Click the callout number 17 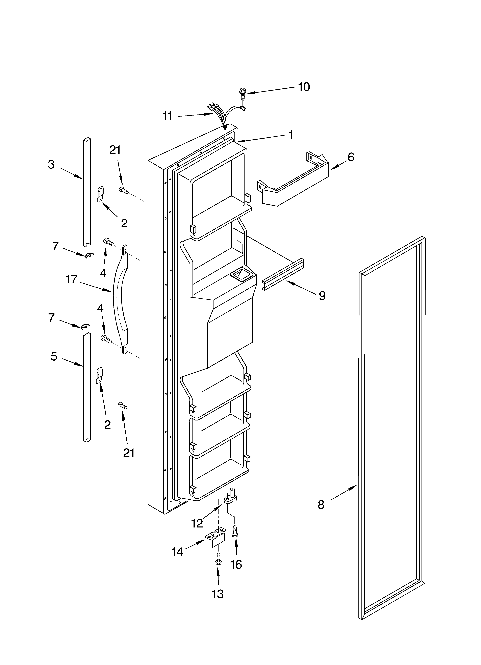(x=71, y=279)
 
